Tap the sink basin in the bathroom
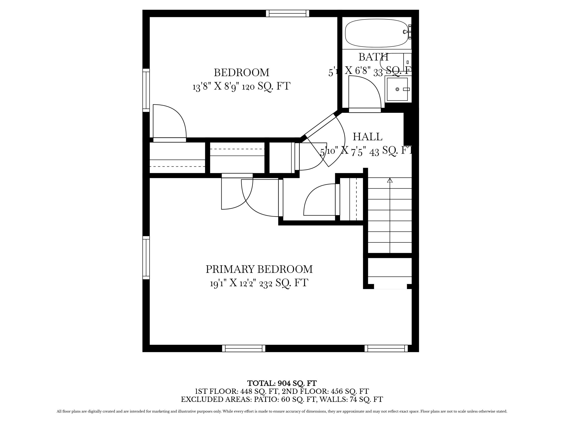397,89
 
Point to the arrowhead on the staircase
390,180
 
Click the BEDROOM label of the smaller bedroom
241,73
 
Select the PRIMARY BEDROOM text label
259,269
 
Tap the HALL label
367,137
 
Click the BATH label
373,57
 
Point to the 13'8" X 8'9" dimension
217,86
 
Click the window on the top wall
287,13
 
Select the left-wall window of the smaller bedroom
146,90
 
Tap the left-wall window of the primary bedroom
146,257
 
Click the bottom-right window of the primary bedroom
386,348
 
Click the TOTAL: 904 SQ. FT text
282,383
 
